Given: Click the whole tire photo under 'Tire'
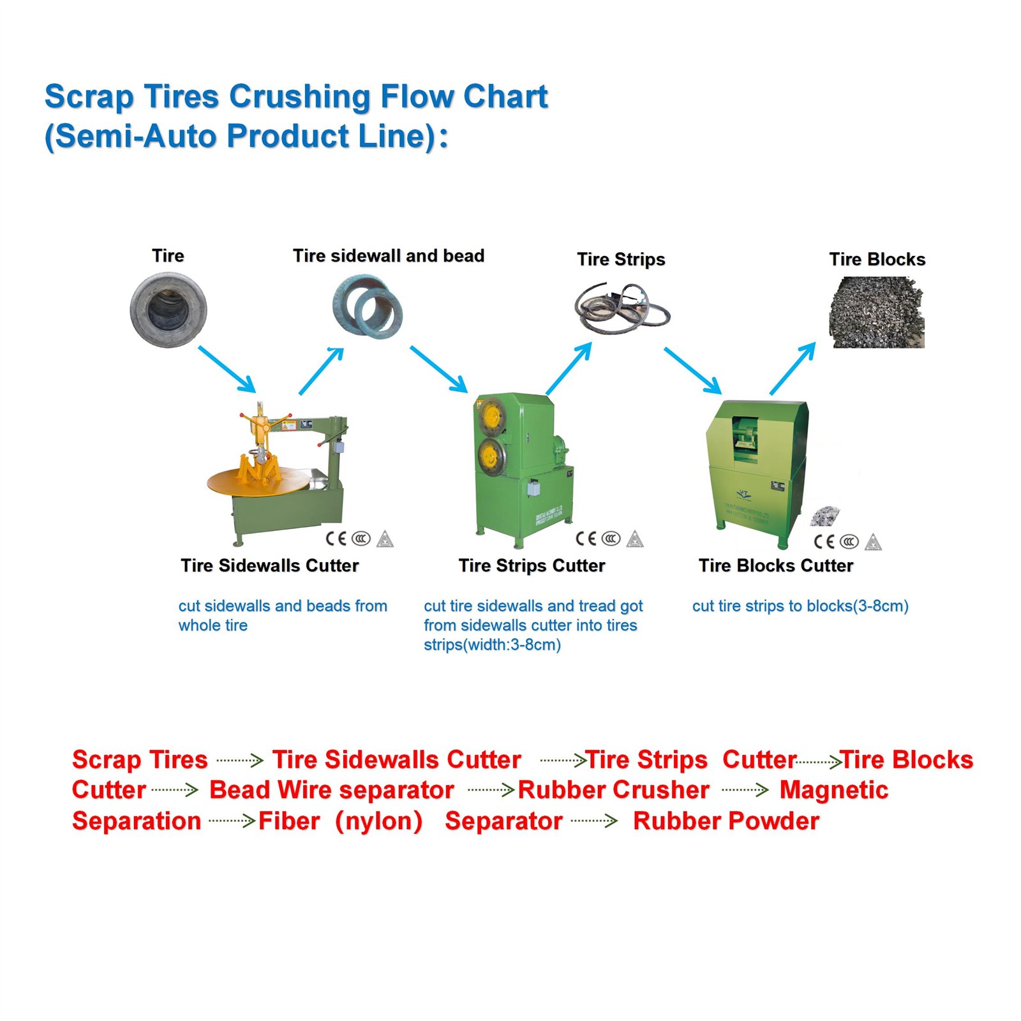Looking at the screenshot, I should [x=168, y=310].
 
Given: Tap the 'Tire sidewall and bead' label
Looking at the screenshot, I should [x=388, y=256].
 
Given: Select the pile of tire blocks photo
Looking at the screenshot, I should [x=877, y=312].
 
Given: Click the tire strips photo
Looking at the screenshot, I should [x=622, y=309].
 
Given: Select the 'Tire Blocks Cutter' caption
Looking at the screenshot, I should [x=775, y=565].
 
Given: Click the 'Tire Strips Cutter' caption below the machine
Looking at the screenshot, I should [x=532, y=565].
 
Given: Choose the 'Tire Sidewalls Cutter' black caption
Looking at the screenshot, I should [x=269, y=565].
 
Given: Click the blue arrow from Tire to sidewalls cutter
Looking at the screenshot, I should [x=227, y=369].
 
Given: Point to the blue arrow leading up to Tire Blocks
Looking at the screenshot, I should [x=793, y=369].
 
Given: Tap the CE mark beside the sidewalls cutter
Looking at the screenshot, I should [x=336, y=539].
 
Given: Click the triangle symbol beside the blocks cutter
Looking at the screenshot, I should [x=873, y=542].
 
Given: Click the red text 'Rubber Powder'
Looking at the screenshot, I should [x=726, y=821].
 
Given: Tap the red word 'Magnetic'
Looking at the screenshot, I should [x=833, y=790].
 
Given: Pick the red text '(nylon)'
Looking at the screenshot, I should [x=379, y=821].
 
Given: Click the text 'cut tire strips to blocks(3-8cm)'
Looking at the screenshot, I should [x=800, y=606].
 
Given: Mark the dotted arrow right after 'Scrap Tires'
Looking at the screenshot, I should [x=240, y=760].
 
